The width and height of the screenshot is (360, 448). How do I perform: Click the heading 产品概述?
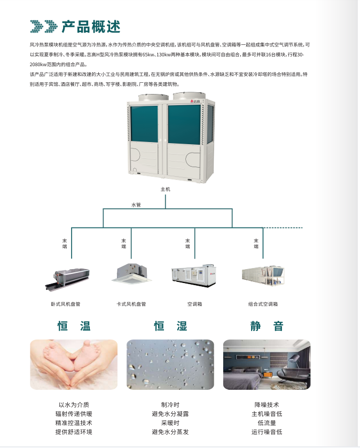(91, 26)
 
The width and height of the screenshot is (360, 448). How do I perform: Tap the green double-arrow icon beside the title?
(44, 26)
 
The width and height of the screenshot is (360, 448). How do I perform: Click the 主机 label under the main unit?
(166, 189)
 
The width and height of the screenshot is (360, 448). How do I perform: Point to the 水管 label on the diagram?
(136, 205)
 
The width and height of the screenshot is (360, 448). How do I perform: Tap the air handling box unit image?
(194, 273)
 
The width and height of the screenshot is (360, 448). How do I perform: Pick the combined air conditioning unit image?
(263, 274)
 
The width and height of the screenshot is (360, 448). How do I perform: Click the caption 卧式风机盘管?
(66, 304)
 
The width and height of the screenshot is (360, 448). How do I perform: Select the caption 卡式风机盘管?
(131, 304)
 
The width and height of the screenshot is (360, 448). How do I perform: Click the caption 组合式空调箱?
(263, 304)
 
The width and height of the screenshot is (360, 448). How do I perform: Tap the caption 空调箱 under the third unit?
(194, 304)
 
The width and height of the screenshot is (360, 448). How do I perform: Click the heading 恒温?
(74, 326)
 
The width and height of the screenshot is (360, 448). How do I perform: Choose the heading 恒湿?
(170, 326)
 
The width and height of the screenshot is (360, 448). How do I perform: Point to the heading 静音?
(267, 326)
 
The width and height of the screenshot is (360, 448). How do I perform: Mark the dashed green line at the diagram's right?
(283, 228)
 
